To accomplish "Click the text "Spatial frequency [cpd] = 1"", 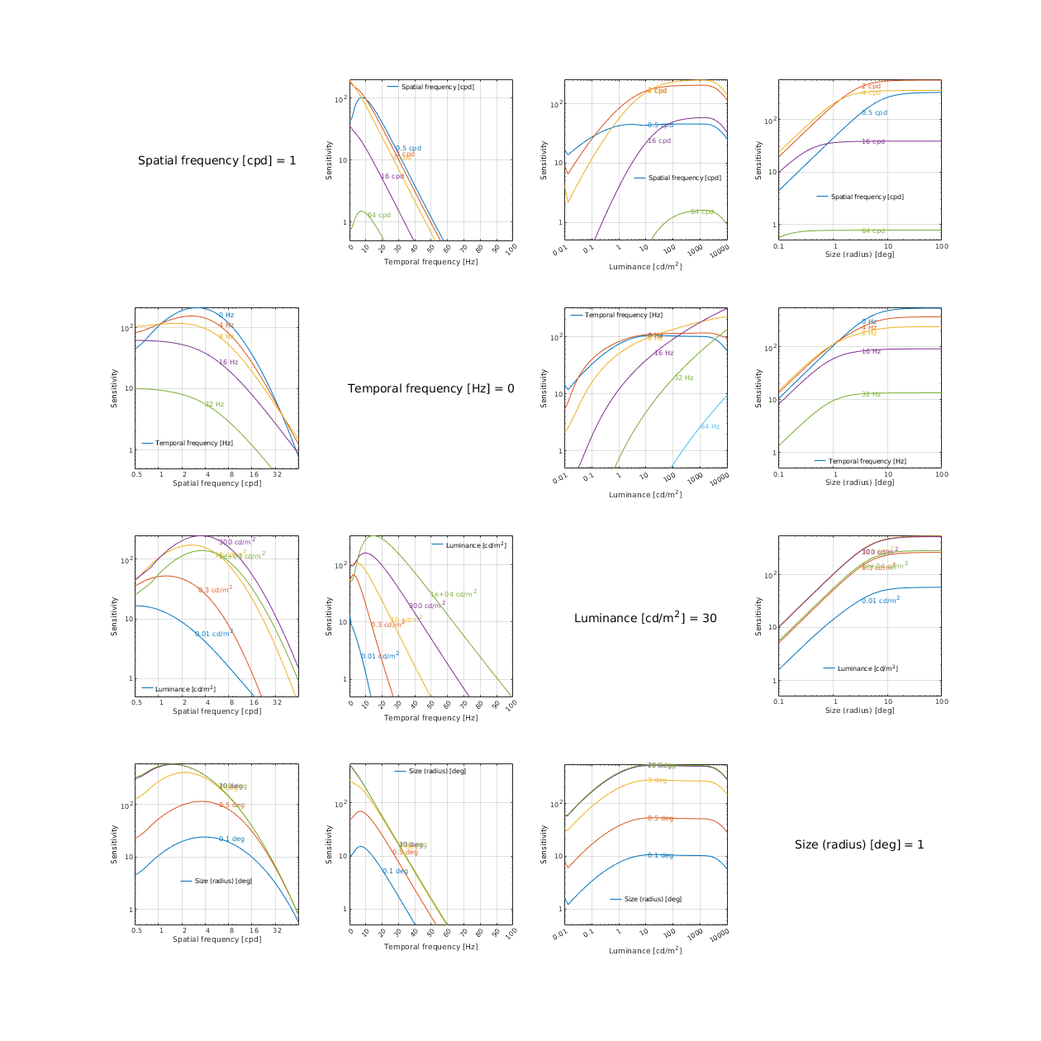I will click(x=216, y=160).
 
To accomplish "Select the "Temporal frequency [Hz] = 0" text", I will click(x=430, y=388).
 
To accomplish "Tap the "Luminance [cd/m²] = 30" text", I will click(x=645, y=618).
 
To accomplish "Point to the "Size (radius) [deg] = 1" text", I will click(x=859, y=844).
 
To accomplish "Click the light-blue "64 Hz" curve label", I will click(x=710, y=427).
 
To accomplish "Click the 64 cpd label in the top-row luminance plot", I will click(x=701, y=212).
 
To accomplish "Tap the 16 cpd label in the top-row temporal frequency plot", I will click(x=392, y=176).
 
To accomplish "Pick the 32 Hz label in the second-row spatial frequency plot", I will click(x=214, y=405).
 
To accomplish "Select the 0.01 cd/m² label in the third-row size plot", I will click(x=880, y=601).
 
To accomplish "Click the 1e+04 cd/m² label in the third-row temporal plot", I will click(x=453, y=594).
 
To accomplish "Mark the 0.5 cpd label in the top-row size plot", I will click(x=874, y=113).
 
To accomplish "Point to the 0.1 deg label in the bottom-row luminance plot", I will click(x=660, y=856).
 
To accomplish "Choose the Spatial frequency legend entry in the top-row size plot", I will click(x=867, y=197).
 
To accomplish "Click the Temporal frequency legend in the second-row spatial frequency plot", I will click(x=193, y=443).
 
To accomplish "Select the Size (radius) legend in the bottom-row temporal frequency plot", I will click(x=437, y=771).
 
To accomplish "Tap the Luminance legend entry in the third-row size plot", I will click(x=867, y=668).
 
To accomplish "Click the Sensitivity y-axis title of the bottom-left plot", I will click(x=115, y=844).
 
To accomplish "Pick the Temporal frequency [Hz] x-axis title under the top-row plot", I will click(x=430, y=262).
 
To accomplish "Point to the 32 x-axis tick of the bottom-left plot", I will click(x=277, y=930).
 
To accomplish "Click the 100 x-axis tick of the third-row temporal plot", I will click(x=511, y=705).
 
